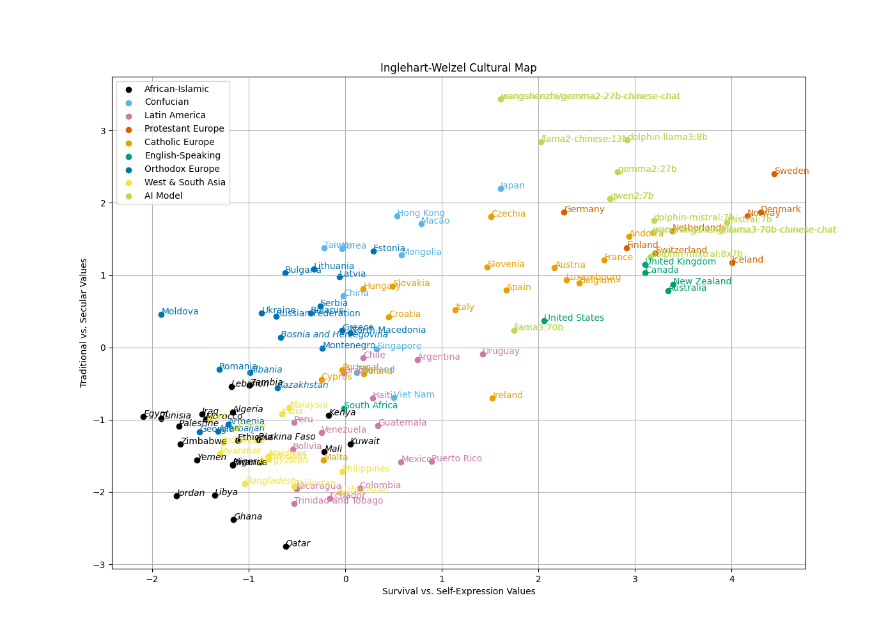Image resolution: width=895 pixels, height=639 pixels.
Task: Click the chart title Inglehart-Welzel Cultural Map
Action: (458, 68)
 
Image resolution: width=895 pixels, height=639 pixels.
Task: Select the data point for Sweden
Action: (774, 174)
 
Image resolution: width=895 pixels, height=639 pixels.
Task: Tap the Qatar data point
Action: (286, 546)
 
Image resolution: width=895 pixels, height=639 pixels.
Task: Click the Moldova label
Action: (180, 312)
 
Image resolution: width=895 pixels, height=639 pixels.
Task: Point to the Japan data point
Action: (501, 189)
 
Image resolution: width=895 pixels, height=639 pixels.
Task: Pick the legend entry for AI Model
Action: (163, 196)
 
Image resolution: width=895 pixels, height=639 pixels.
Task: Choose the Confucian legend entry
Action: (166, 102)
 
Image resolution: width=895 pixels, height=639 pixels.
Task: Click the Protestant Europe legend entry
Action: (184, 129)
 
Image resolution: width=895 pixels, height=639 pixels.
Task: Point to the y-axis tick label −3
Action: (101, 565)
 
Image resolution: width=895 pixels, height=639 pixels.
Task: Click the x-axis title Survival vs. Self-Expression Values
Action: (458, 592)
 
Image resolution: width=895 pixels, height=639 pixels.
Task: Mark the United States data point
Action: (544, 321)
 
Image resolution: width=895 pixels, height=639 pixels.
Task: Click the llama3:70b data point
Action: (514, 330)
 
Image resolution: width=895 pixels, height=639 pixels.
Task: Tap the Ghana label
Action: (248, 516)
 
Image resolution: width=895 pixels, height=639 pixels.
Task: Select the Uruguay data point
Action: (483, 354)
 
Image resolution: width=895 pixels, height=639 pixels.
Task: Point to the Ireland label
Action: (508, 396)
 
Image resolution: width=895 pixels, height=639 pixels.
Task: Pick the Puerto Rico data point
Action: (432, 461)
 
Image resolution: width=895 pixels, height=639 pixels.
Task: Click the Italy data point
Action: (455, 310)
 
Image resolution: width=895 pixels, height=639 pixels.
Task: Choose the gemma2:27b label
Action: (647, 169)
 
